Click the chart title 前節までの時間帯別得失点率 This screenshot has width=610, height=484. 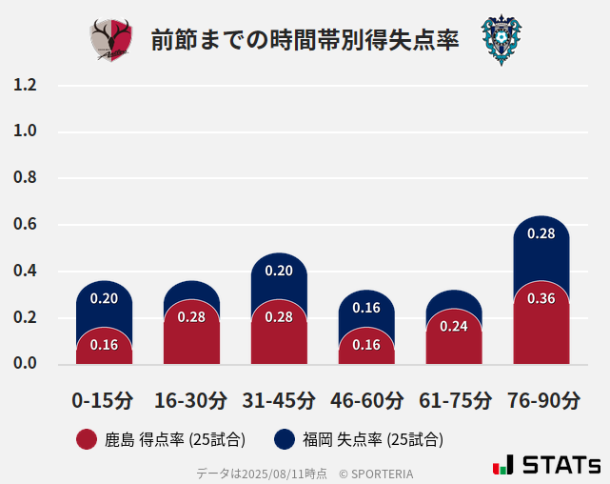click(305, 40)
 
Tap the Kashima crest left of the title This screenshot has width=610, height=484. click(111, 40)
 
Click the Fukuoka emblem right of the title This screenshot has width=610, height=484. click(501, 40)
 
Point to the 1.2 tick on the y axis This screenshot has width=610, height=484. click(25, 85)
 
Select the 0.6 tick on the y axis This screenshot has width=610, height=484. click(25, 225)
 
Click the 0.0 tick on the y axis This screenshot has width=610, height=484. click(25, 364)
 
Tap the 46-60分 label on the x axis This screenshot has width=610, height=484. click(366, 399)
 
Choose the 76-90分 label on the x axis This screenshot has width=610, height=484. click(542, 399)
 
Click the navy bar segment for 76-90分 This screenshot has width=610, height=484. click(541, 250)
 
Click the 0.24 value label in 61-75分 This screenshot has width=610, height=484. click(454, 326)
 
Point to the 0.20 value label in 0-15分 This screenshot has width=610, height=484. click(104, 298)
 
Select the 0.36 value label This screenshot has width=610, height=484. click(541, 298)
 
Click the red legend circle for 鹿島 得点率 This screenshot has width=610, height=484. click(87, 439)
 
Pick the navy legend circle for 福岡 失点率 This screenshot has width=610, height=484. click(284, 439)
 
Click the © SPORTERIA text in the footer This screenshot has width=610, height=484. click(376, 473)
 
